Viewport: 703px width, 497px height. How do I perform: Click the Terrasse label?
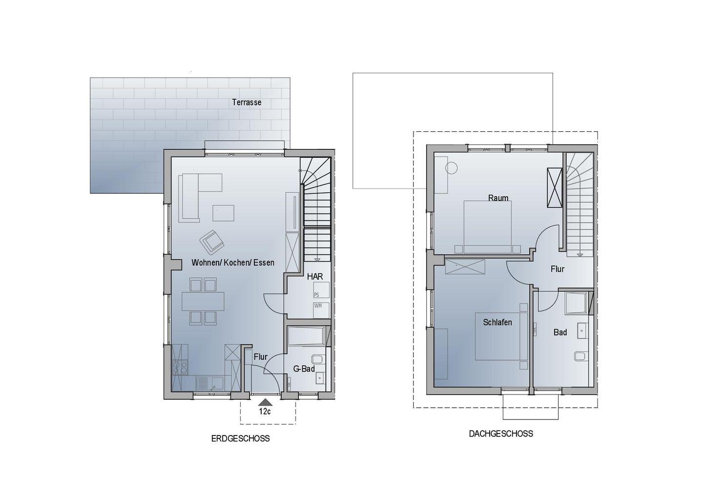click(x=247, y=103)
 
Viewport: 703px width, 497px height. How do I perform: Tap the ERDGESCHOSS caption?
click(x=240, y=438)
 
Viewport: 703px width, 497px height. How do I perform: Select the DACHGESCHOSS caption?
click(x=501, y=434)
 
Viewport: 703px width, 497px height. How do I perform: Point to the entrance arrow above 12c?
click(x=265, y=402)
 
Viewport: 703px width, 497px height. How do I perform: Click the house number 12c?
click(x=265, y=411)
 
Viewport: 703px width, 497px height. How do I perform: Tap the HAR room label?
click(x=315, y=276)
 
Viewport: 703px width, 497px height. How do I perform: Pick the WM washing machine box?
click(x=321, y=310)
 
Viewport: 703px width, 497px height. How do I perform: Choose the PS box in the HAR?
click(x=321, y=290)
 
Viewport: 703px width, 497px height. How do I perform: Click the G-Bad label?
click(x=304, y=369)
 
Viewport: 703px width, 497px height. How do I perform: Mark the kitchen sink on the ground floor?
click(x=209, y=383)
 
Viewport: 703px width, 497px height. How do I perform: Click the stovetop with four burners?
click(x=180, y=368)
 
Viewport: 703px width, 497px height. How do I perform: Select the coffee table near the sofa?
click(x=223, y=213)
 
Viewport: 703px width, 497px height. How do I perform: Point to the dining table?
click(x=203, y=301)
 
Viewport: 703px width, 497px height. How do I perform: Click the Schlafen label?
click(x=497, y=322)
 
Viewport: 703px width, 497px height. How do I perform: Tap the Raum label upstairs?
click(x=498, y=198)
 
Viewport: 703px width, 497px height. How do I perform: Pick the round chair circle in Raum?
click(x=451, y=168)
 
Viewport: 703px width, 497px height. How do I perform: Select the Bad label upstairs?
click(x=560, y=332)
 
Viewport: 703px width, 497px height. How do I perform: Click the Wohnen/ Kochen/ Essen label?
click(x=233, y=263)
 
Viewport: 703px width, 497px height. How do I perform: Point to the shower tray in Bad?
click(x=576, y=303)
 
